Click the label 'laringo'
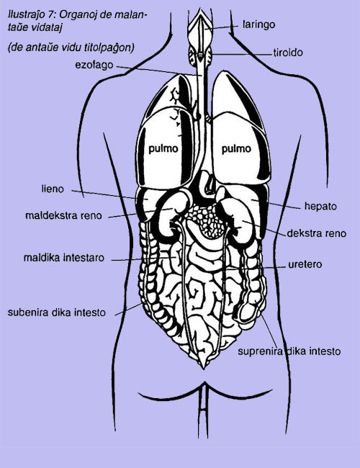click(x=258, y=24)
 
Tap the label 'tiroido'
click(x=288, y=53)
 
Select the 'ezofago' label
click(x=94, y=65)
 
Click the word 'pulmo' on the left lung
click(x=163, y=148)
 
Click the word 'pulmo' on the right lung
click(x=236, y=148)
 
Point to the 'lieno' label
click(x=53, y=189)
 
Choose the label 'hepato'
click(x=320, y=206)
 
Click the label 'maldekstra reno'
click(x=63, y=215)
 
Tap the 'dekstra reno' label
click(x=316, y=233)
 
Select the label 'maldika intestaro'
click(x=64, y=258)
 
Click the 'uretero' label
click(x=305, y=264)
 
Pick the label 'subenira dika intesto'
click(x=57, y=312)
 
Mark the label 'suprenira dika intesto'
click(x=289, y=351)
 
